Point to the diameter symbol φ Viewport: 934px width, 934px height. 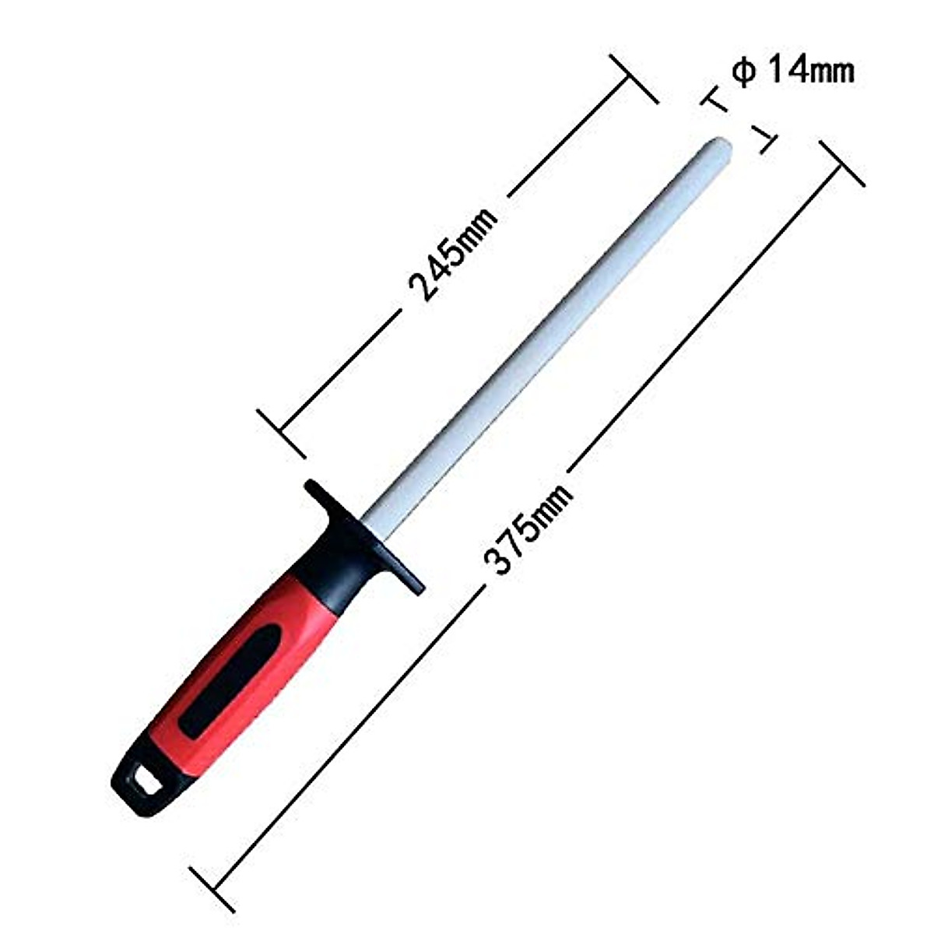(743, 72)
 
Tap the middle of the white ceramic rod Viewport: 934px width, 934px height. (545, 327)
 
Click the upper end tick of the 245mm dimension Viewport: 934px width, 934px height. (634, 78)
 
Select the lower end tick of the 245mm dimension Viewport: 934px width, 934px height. (281, 431)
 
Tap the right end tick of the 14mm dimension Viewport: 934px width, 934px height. (764, 140)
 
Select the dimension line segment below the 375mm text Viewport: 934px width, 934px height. (350, 732)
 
